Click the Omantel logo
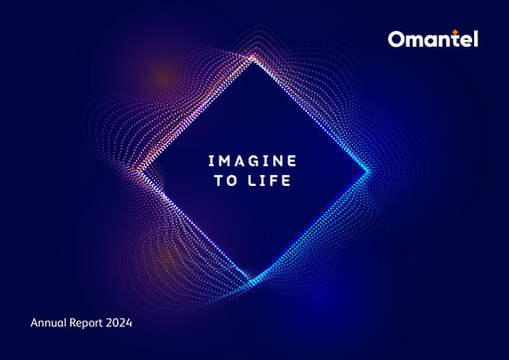click(x=432, y=40)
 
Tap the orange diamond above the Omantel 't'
click(x=457, y=31)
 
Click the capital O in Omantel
click(x=397, y=40)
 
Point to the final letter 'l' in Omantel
click(x=474, y=39)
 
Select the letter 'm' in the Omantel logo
click(x=415, y=42)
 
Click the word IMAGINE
click(x=254, y=159)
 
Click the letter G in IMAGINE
click(x=254, y=159)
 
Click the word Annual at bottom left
click(x=51, y=323)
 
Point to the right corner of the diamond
click(x=370, y=171)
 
